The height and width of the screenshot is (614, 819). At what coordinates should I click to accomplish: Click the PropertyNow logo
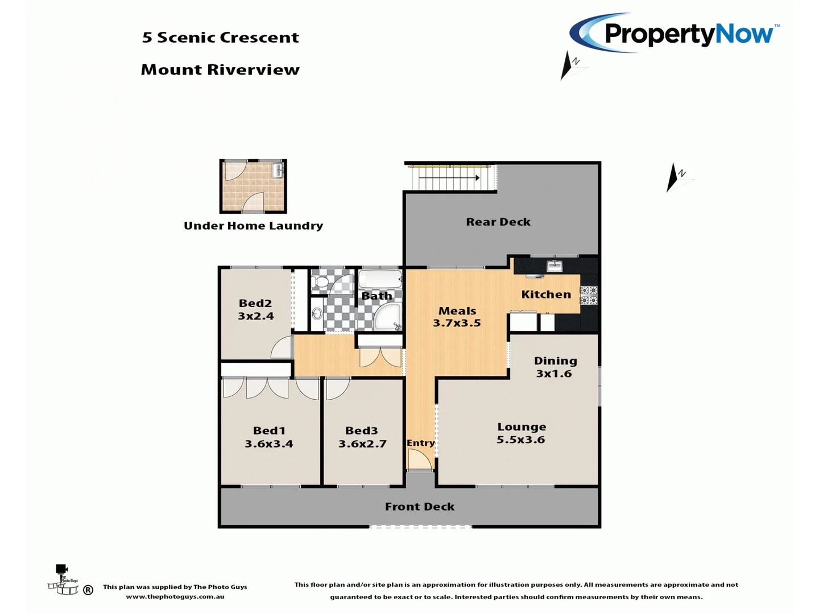tap(675, 33)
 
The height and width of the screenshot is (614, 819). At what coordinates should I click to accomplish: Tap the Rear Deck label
tap(498, 222)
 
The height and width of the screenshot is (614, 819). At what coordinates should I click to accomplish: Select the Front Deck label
tap(420, 507)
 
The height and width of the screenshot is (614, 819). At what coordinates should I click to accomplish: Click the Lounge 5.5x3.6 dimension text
tap(521, 439)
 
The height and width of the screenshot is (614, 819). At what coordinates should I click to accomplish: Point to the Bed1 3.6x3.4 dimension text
tap(269, 444)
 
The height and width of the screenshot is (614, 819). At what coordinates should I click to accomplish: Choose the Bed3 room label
tap(361, 430)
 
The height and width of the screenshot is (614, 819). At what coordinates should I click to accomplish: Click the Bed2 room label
tap(255, 303)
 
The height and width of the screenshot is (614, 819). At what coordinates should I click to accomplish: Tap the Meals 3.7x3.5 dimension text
tap(457, 323)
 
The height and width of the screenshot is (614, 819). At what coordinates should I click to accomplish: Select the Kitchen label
tap(546, 294)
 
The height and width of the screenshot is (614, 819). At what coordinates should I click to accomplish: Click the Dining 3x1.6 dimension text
tap(554, 374)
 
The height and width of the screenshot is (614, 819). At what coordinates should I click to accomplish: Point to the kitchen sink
tap(554, 265)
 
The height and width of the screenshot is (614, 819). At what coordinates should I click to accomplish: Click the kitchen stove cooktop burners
tap(589, 295)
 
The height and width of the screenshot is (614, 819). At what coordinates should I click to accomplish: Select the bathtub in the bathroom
tap(380, 279)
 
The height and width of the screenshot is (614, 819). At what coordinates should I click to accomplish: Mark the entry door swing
tap(419, 459)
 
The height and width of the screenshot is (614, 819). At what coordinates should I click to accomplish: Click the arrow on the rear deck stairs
tap(477, 178)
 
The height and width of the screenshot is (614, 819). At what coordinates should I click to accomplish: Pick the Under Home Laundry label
tap(253, 226)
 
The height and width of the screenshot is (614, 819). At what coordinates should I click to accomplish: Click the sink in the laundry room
tap(278, 170)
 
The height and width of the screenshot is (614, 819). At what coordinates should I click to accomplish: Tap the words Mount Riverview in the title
tap(220, 69)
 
